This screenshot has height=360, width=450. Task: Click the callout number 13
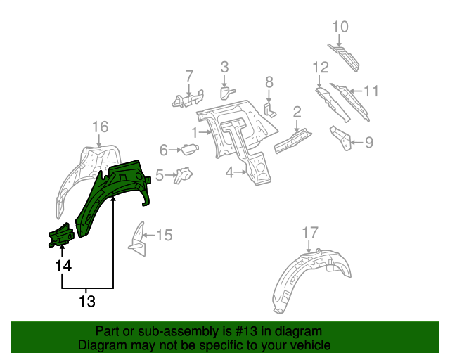(86, 302)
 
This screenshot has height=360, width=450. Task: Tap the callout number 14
(63, 266)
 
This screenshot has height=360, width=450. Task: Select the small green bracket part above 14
(60, 236)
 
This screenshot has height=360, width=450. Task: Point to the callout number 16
(101, 127)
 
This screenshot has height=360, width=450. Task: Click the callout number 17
(310, 232)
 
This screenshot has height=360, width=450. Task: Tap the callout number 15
(163, 236)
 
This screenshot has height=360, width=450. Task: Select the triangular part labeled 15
(136, 236)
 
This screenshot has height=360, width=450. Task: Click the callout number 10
(340, 27)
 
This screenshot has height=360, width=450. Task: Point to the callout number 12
(321, 67)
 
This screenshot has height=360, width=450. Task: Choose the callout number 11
(371, 91)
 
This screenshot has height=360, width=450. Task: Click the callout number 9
(368, 143)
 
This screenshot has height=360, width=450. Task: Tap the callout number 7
(188, 75)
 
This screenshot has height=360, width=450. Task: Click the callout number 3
(224, 67)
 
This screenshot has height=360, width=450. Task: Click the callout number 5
(160, 174)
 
